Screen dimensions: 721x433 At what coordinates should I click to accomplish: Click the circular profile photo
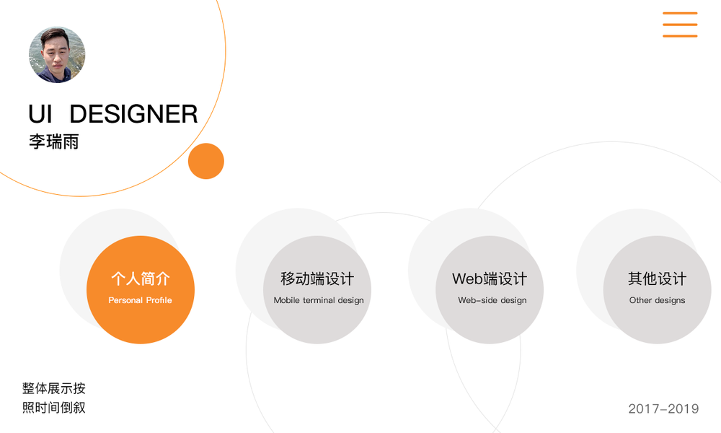(57, 56)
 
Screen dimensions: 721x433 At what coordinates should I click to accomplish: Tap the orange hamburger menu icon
(680, 25)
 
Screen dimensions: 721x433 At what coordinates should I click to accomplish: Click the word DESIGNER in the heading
(133, 114)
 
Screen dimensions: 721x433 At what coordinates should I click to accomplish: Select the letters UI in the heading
(40, 114)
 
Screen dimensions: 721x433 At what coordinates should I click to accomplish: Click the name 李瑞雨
(53, 141)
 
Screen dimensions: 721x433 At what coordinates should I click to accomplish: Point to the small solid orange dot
(206, 161)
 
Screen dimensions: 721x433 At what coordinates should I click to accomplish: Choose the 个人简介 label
(141, 279)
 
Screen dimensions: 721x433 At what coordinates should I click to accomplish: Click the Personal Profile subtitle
(141, 300)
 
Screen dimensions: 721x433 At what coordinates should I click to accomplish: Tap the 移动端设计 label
(317, 279)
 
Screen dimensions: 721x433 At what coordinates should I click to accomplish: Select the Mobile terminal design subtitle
(319, 300)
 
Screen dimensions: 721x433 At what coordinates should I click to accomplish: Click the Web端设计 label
(490, 279)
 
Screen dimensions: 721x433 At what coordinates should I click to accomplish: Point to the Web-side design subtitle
(492, 300)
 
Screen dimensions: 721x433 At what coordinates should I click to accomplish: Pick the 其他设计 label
(657, 279)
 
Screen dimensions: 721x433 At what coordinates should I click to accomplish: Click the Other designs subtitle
(657, 300)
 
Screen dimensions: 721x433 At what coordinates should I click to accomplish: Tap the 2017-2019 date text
(663, 409)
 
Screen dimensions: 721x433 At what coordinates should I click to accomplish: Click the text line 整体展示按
(54, 388)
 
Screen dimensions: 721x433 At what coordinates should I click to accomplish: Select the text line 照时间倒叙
(54, 408)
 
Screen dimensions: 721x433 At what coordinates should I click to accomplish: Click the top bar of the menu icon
(680, 13)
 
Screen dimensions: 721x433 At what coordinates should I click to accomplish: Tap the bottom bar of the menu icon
(680, 36)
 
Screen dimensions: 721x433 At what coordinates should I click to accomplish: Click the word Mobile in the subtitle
(287, 300)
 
